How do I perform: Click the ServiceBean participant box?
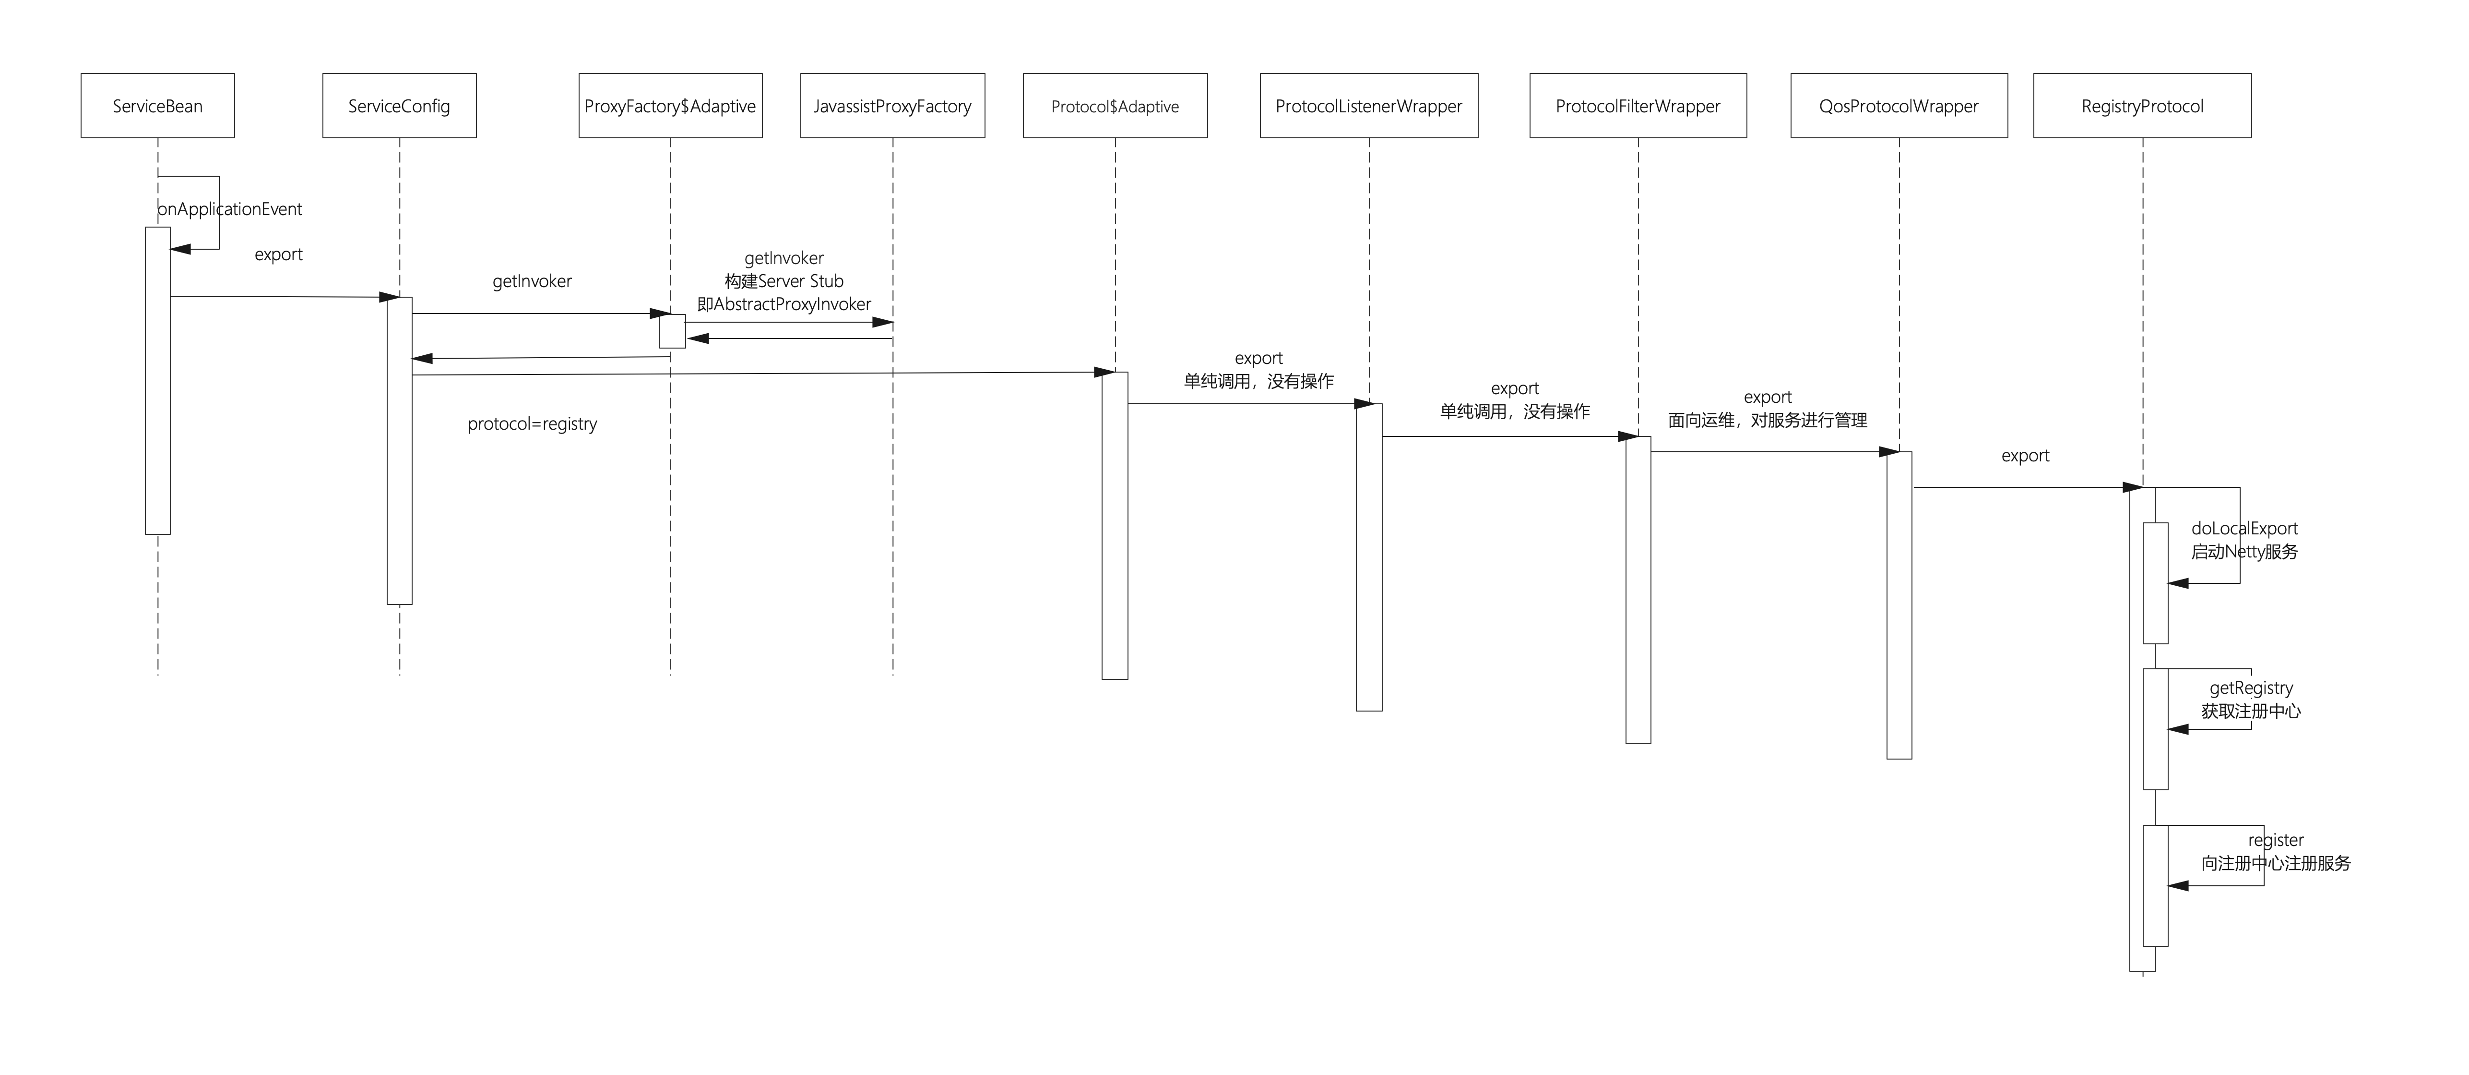157,106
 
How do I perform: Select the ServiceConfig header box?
399,106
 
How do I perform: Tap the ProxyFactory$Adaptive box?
670,106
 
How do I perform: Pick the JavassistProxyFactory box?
892,106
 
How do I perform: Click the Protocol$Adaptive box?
1115,106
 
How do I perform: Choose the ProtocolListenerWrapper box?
1369,106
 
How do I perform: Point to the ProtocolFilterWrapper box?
1638,106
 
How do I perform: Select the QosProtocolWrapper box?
1899,106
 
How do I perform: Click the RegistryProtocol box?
2142,106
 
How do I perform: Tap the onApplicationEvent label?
230,209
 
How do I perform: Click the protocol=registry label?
532,424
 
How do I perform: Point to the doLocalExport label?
2245,529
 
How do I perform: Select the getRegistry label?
2252,688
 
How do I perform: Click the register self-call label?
2276,840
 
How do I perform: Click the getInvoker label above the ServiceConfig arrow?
532,281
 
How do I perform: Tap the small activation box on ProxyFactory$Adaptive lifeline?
672,331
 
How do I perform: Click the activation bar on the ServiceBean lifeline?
157,381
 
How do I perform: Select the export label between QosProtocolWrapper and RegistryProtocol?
2025,456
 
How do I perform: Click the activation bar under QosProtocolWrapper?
1899,605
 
